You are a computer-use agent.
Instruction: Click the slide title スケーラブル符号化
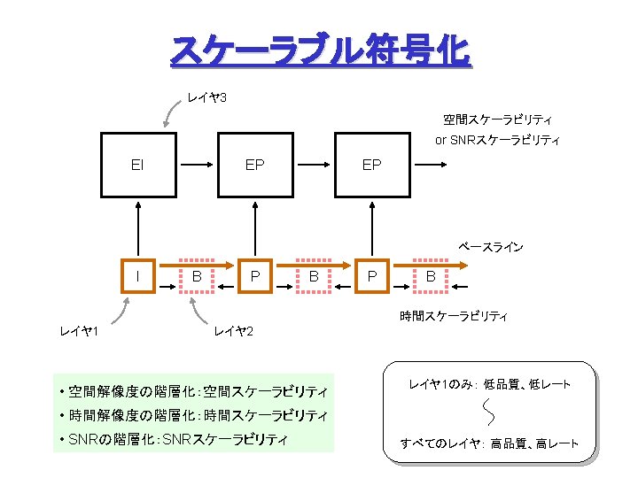(319, 51)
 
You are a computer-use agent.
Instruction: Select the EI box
(137, 165)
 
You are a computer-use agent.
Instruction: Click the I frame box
(137, 277)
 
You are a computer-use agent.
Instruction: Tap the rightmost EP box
(372, 165)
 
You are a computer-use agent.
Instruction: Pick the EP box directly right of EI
(254, 165)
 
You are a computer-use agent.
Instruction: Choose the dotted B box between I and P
(197, 277)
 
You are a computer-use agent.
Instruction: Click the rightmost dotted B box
(431, 277)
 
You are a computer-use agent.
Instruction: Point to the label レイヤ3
(206, 96)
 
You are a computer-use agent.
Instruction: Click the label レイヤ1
(78, 331)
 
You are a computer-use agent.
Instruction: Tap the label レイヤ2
(234, 331)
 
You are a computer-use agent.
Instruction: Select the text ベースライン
(490, 247)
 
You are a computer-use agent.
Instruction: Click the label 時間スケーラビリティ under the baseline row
(454, 316)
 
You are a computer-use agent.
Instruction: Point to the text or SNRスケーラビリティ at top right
(497, 140)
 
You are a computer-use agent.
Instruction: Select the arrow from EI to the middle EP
(196, 165)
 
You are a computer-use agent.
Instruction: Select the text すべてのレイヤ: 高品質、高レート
(489, 443)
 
